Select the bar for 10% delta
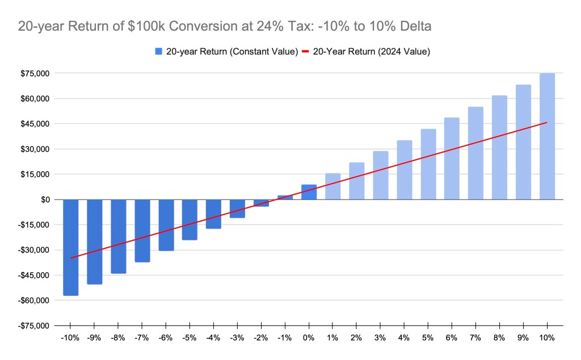click(547, 136)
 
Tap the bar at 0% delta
click(309, 192)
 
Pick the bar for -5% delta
click(190, 219)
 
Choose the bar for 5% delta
click(428, 164)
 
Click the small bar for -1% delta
click(285, 197)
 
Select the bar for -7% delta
click(142, 230)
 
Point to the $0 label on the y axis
click(45, 200)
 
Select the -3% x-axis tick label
click(237, 338)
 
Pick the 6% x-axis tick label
click(452, 338)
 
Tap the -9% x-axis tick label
click(94, 338)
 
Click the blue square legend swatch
click(158, 52)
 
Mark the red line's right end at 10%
click(546, 122)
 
